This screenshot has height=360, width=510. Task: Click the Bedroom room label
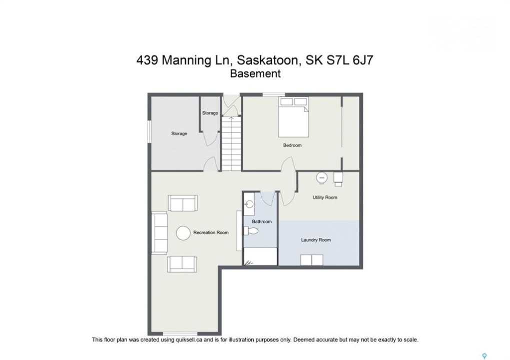[x=292, y=145]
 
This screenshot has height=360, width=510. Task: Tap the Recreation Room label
[x=211, y=232]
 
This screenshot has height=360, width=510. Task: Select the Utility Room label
[x=325, y=197]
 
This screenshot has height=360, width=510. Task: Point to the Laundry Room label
[x=315, y=240]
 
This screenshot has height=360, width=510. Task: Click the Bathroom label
[x=261, y=221]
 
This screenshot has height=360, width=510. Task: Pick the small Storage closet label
[x=210, y=113]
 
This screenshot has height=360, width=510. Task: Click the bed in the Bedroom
[x=293, y=117]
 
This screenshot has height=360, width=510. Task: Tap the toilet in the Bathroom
[x=251, y=231]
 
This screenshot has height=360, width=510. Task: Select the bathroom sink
[x=249, y=204]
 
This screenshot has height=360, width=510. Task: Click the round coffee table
[x=183, y=233]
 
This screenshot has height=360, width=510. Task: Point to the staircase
[x=231, y=143]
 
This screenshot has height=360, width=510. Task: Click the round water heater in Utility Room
[x=322, y=177]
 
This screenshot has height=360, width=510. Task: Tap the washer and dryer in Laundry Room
[x=312, y=260]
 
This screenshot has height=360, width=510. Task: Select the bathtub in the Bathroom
[x=261, y=256]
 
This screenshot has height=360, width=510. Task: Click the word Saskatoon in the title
[x=267, y=60]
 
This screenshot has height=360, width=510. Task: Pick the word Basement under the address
[x=255, y=74]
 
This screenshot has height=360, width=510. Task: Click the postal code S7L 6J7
[x=349, y=60]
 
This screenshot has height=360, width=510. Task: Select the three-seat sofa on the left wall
[x=159, y=233]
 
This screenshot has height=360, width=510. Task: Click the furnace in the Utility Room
[x=338, y=178]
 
